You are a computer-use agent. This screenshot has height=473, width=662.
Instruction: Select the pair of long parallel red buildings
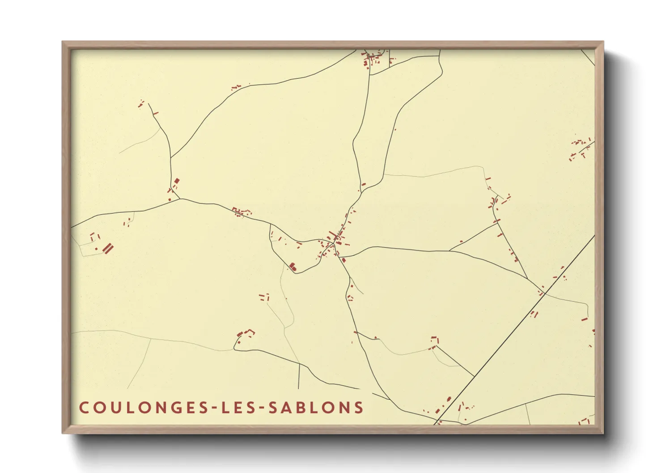point(108,248)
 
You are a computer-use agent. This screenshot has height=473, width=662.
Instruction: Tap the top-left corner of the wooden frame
point(64,42)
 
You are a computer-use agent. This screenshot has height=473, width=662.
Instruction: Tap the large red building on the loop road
point(293,267)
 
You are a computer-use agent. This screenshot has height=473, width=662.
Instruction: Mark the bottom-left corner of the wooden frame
point(64,432)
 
